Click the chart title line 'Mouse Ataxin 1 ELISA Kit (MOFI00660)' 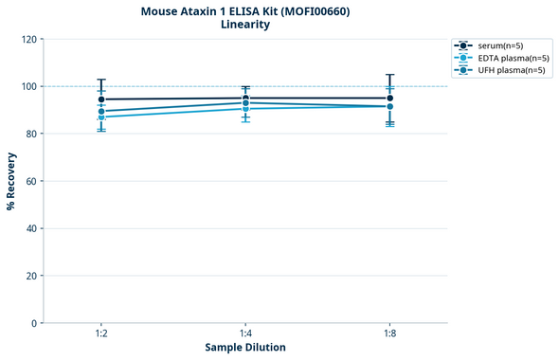[244, 10]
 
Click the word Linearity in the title [244, 25]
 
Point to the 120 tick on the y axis [29, 39]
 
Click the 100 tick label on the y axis [29, 86]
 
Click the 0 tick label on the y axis [34, 323]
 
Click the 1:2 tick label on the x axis [101, 334]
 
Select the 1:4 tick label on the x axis [245, 334]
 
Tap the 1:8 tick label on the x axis [389, 334]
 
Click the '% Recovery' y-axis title [11, 181]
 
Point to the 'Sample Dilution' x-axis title [245, 348]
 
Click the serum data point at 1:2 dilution [101, 99]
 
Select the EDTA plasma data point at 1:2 [101, 117]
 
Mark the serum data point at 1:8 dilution [389, 98]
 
